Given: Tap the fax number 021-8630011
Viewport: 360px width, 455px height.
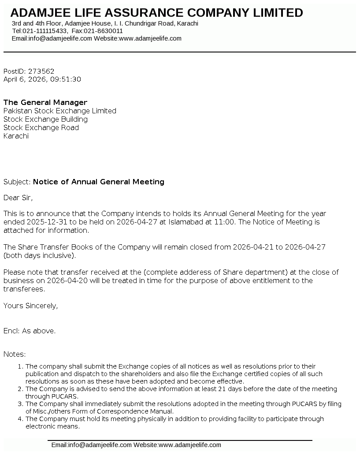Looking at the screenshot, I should [x=104, y=31].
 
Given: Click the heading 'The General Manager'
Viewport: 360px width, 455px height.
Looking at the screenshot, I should [x=45, y=102].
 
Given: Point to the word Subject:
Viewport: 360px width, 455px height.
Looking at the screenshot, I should [x=17, y=182].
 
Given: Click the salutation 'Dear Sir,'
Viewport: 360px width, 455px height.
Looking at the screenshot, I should [x=18, y=198].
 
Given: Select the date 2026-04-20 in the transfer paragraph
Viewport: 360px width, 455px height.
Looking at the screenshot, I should [x=61, y=280].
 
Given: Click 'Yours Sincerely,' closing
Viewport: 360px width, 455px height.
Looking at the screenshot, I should [x=30, y=305].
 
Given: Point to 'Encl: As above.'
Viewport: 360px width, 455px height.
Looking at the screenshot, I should [x=30, y=331].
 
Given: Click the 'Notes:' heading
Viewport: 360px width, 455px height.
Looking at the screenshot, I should [x=15, y=354].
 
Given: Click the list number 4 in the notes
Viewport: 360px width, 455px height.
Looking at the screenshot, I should [x=19, y=419].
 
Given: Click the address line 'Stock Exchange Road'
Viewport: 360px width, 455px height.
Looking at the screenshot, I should [x=41, y=127].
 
